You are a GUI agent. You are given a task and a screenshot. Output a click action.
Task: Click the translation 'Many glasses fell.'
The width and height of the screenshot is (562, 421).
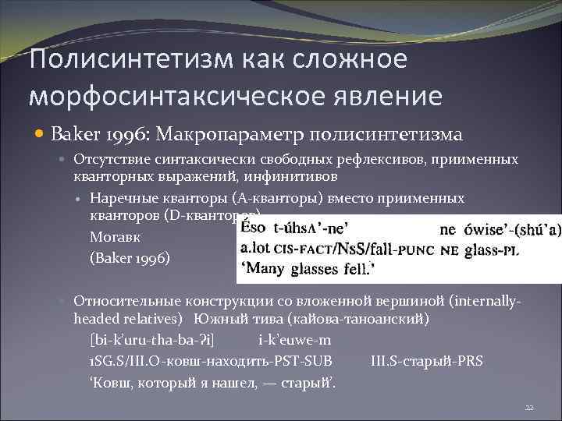tap(306, 270)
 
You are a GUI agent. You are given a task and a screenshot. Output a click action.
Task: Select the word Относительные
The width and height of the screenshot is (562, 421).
tap(122, 301)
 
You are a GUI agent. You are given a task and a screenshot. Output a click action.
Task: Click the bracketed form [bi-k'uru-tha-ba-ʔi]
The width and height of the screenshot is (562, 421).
tap(152, 340)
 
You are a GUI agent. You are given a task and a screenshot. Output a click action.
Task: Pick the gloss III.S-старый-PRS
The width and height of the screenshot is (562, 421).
tap(427, 360)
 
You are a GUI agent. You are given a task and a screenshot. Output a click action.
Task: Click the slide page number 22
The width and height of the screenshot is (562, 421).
tap(528, 407)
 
